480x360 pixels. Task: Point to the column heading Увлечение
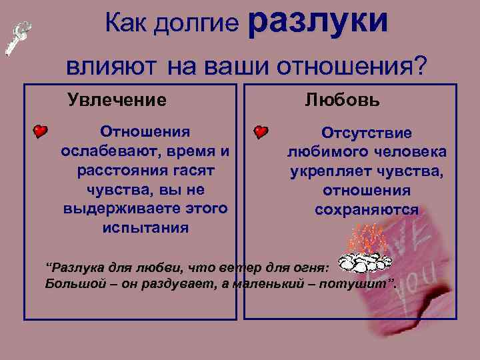(x=117, y=101)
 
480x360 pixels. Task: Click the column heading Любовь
(x=343, y=100)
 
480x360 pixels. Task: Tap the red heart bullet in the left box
(x=41, y=131)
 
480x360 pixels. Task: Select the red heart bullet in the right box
(x=261, y=132)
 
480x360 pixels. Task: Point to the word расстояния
(x=115, y=170)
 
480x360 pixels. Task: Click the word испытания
(x=145, y=227)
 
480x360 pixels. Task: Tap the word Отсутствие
(x=367, y=133)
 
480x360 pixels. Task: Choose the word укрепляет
(x=325, y=171)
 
